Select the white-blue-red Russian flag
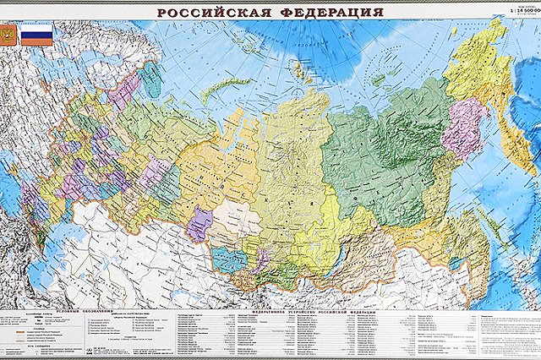[36, 35]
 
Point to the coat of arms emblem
[8, 35]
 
